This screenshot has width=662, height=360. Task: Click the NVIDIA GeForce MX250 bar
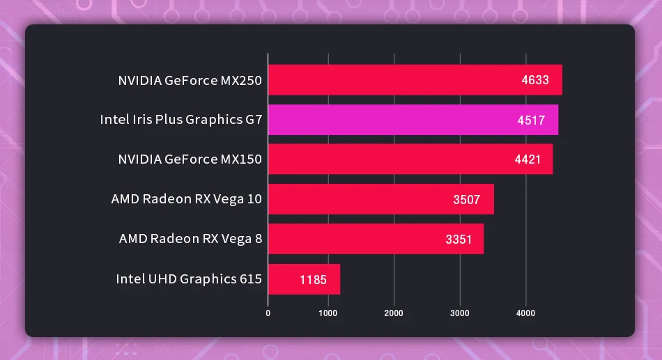(x=415, y=80)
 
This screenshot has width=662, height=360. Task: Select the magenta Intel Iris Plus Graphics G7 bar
(x=413, y=120)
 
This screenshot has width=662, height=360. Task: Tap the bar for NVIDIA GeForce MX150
(x=410, y=159)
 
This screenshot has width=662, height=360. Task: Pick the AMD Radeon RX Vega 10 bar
(x=380, y=199)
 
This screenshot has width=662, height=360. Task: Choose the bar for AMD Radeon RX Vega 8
(x=376, y=239)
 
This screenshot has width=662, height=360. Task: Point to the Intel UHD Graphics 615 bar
(x=304, y=279)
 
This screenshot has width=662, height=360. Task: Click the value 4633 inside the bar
(x=535, y=80)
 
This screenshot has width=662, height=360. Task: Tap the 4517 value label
(x=531, y=120)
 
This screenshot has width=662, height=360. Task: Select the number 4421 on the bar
(x=528, y=159)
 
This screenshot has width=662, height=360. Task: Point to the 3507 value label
(x=466, y=200)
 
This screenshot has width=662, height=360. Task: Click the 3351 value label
(x=459, y=240)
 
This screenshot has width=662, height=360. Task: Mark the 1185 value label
(x=313, y=280)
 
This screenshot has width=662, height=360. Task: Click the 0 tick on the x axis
(x=268, y=313)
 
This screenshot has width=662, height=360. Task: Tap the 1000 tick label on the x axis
(x=328, y=313)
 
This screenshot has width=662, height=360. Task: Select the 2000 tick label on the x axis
(x=394, y=313)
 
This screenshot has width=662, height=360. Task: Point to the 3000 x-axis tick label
(x=460, y=313)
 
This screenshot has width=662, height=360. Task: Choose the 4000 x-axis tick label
(x=525, y=313)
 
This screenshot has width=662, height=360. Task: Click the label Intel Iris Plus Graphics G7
(x=180, y=120)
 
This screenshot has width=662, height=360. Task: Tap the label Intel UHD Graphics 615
(x=189, y=279)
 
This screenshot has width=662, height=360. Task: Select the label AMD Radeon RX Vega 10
(x=186, y=199)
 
